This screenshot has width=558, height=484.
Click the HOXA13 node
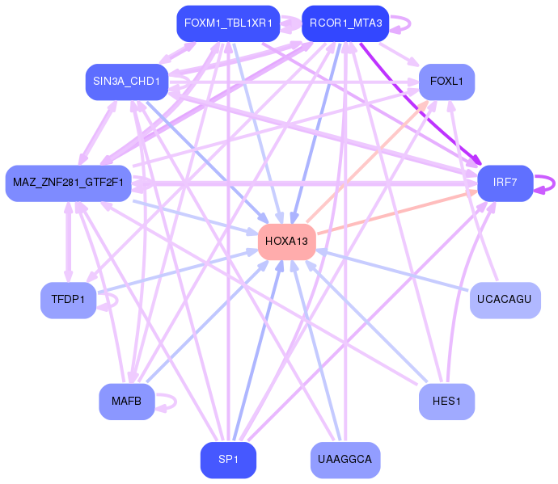[287, 242]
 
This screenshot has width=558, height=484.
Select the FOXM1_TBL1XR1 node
[228, 23]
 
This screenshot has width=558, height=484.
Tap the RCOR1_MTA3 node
[345, 23]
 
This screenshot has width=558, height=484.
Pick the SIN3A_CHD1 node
[127, 82]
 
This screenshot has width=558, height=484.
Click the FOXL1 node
[446, 82]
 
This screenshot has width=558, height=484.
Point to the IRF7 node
[505, 183]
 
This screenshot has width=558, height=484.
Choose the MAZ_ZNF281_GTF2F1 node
[68, 183]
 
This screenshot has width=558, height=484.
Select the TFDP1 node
[68, 300]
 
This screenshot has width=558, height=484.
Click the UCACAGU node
[505, 300]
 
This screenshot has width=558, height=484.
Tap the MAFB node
[127, 402]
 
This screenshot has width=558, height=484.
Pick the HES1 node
[446, 402]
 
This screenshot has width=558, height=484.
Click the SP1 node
[228, 460]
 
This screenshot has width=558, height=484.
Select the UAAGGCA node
[345, 460]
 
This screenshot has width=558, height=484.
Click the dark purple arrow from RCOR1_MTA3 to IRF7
[421, 104]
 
